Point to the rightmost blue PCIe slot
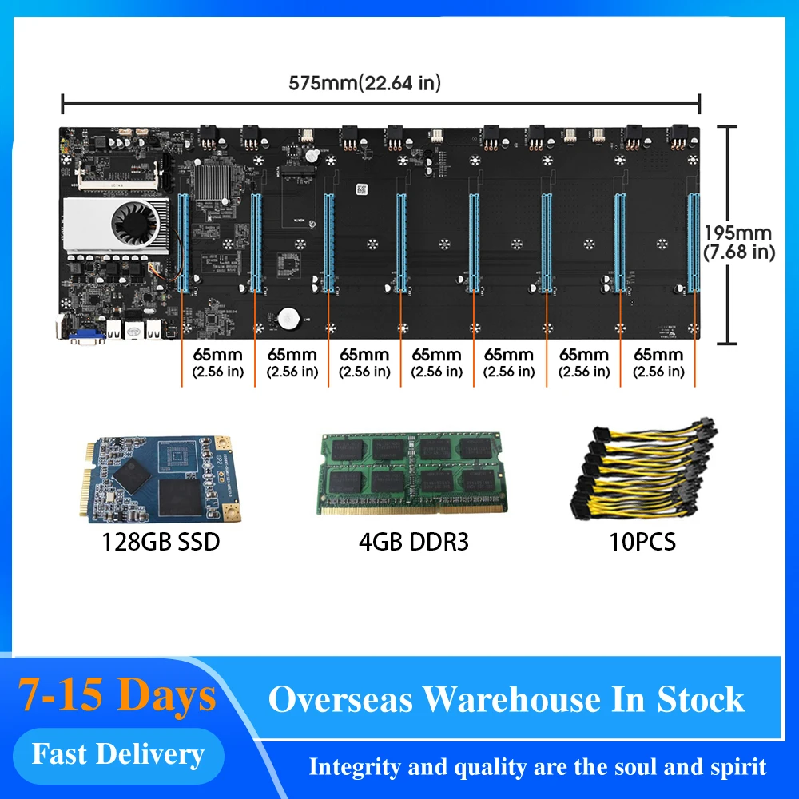pyautogui.click(x=691, y=239)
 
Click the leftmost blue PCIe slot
pyautogui.click(x=182, y=239)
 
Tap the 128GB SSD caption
pyautogui.click(x=161, y=543)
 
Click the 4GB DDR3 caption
pyautogui.click(x=413, y=543)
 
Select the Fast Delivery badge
pyautogui.click(x=117, y=754)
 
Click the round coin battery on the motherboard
pyautogui.click(x=288, y=319)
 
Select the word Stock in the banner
pyautogui.click(x=701, y=699)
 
